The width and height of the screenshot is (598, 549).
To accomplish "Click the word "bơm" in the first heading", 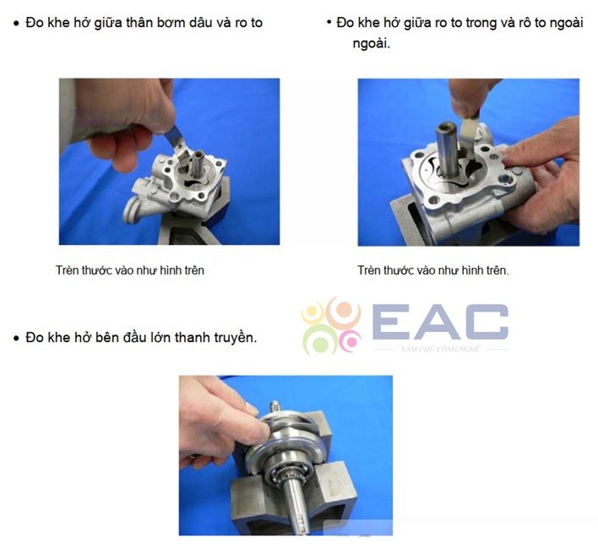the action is pyautogui.click(x=177, y=23).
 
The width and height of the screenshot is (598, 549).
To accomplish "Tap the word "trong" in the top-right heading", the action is pyautogui.click(x=481, y=24).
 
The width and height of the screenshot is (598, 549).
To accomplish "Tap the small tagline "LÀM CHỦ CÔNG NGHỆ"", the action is pyautogui.click(x=440, y=349).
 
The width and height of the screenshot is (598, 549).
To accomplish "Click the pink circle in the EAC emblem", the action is pyautogui.click(x=351, y=341).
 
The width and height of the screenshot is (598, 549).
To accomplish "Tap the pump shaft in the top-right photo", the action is pyautogui.click(x=447, y=149).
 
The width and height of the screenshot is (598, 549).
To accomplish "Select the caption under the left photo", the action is pyautogui.click(x=130, y=270).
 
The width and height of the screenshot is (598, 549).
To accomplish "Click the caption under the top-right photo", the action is pyautogui.click(x=432, y=270).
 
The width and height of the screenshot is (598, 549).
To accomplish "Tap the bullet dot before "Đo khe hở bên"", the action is pyautogui.click(x=16, y=338).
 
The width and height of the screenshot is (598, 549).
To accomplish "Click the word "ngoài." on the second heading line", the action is pyautogui.click(x=371, y=44).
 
